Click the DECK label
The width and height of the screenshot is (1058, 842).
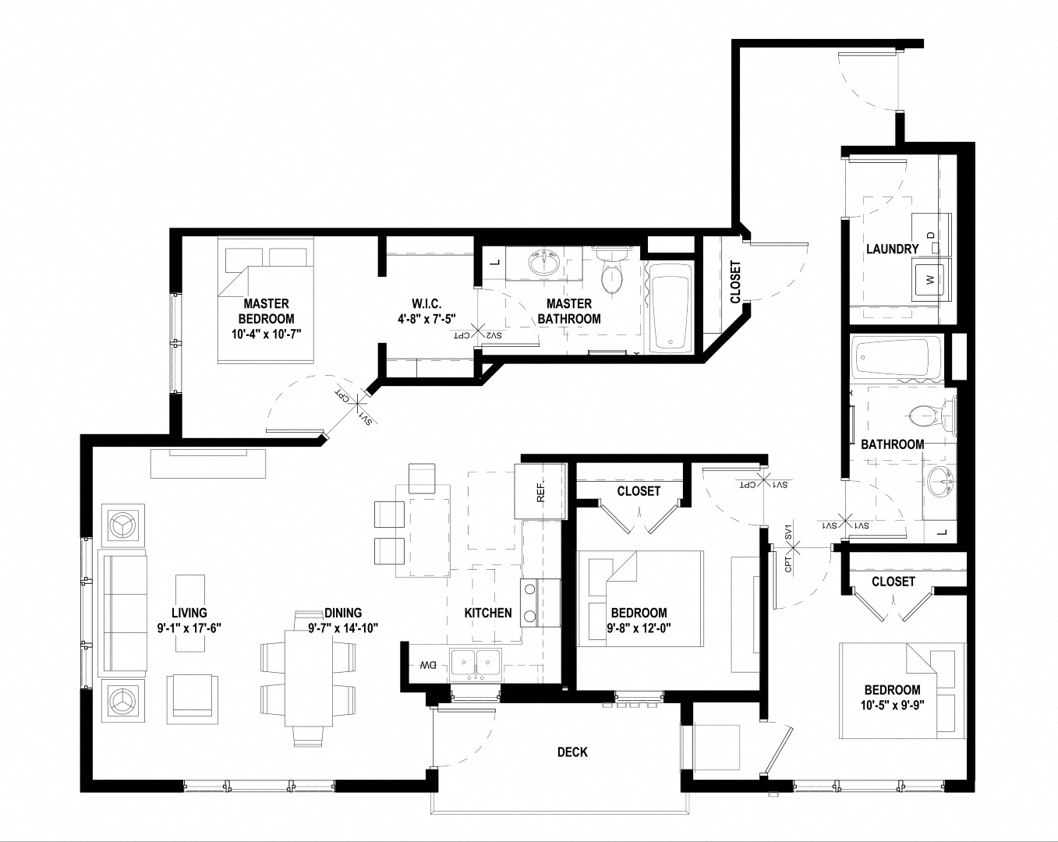tap(572, 752)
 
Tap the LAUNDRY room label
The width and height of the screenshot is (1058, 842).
tap(892, 249)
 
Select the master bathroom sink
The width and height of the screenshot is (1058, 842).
tap(544, 264)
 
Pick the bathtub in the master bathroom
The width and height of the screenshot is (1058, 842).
tap(670, 306)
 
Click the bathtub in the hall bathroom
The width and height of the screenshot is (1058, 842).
tap(896, 359)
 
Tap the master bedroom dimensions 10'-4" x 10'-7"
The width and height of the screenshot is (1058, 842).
tap(267, 334)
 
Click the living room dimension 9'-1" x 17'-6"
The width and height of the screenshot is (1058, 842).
tap(189, 628)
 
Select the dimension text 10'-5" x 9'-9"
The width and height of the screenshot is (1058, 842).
tap(892, 706)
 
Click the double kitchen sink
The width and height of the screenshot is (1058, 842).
tap(477, 663)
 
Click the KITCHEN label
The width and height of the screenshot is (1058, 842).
tap(488, 613)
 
